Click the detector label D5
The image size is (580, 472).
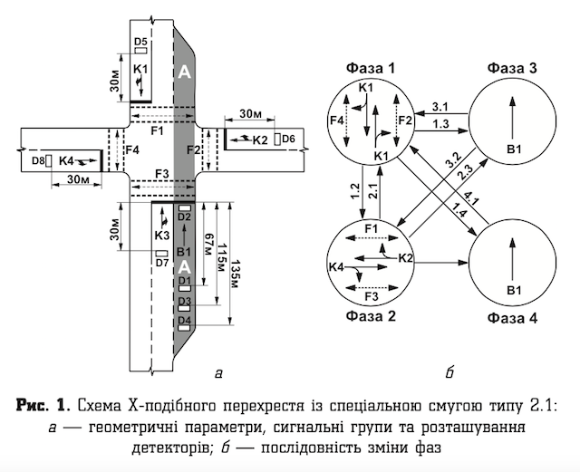[140, 42]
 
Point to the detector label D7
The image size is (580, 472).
[162, 263]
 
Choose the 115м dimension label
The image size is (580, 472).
[222, 262]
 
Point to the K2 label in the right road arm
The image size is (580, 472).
[260, 140]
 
